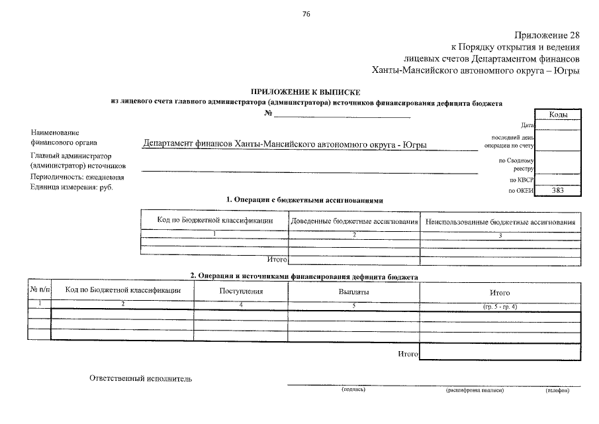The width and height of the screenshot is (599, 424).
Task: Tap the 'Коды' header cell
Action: coord(558,115)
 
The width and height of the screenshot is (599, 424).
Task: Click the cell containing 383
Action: coord(558,190)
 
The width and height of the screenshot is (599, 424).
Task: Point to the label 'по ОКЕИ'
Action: coord(521,191)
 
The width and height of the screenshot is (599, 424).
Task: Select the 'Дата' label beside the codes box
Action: coord(528,125)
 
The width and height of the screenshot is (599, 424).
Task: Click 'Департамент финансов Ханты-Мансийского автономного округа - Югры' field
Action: coord(285,144)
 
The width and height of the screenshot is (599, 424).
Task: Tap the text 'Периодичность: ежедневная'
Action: coord(77,177)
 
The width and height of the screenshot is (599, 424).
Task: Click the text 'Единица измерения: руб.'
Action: coord(71,187)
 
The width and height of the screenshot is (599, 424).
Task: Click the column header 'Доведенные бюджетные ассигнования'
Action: coord(354,220)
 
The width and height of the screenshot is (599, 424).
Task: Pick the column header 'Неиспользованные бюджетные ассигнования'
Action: coord(500,221)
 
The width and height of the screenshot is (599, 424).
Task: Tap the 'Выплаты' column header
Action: coord(353,291)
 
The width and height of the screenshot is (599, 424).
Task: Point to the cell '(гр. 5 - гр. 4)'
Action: coord(500,306)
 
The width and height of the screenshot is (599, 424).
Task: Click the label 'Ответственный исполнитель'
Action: coord(140,378)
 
